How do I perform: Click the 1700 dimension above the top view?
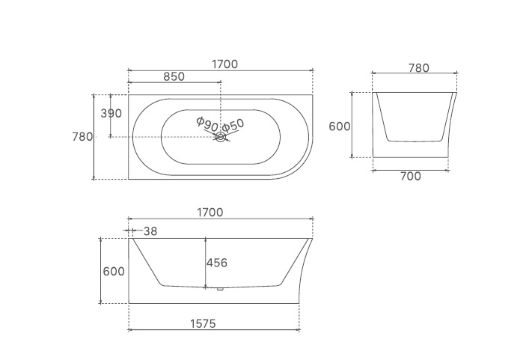[224, 64]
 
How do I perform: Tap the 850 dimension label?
[174, 76]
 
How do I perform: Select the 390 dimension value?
[111, 113]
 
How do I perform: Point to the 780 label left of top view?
[82, 137]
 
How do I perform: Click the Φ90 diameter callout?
[207, 124]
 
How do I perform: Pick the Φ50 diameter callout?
[233, 125]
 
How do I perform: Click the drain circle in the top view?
[220, 137]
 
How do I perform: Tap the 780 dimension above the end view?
[419, 68]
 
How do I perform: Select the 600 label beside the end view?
[340, 126]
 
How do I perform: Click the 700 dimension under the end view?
[411, 176]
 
